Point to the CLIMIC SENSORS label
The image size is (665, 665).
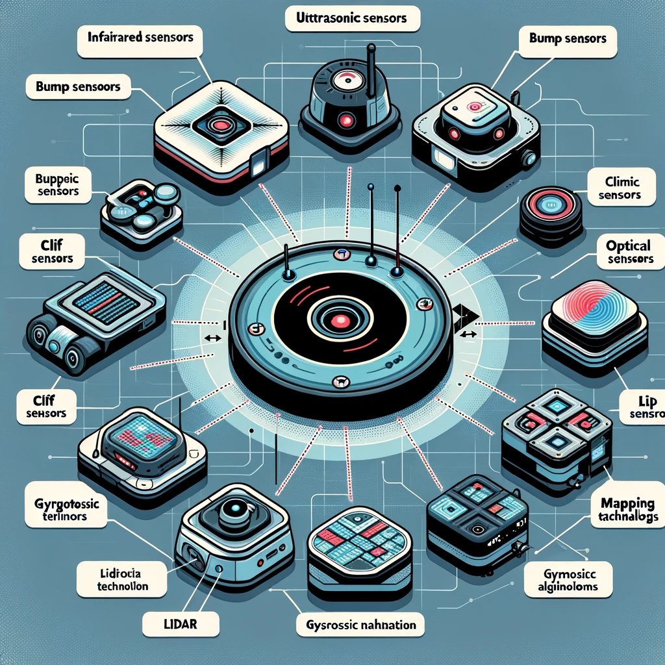tap(622, 188)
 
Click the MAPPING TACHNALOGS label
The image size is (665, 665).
tap(626, 509)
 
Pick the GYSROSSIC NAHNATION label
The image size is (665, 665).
tap(360, 625)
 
